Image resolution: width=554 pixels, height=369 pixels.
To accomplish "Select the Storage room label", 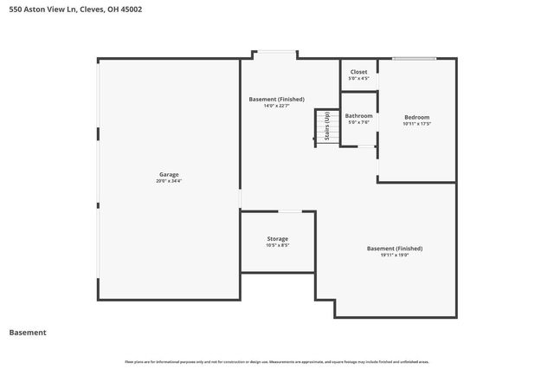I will (277, 238).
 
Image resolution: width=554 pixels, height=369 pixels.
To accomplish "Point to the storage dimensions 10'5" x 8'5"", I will (277, 245).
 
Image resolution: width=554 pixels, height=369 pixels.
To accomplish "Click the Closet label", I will (358, 72).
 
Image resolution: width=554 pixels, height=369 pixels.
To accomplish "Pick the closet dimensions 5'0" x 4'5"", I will (358, 79).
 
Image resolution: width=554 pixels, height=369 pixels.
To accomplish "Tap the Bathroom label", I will (358, 115).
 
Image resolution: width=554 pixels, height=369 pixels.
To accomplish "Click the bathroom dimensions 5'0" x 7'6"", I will (358, 122).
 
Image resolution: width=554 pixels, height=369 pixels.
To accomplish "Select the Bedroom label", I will (416, 117).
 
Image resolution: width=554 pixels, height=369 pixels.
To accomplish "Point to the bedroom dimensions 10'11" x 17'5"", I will (416, 124).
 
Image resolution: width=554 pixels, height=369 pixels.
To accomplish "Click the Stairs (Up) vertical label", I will (326, 128).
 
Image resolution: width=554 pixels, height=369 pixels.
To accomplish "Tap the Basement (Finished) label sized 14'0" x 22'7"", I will (276, 100).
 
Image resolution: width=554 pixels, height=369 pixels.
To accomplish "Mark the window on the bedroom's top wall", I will (414, 59).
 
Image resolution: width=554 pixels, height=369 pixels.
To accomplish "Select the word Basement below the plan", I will (27, 333).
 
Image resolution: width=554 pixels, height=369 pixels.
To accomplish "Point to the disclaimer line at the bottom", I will (276, 361).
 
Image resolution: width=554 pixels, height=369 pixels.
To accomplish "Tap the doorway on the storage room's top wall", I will (290, 211).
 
